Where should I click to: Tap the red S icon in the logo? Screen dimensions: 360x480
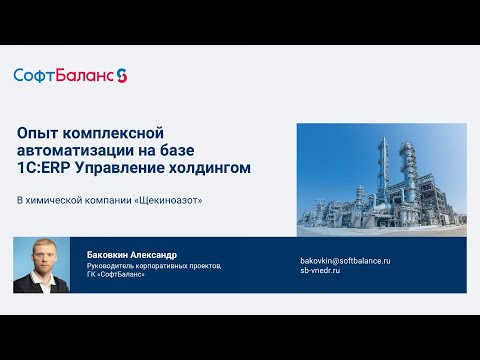pos(122,75)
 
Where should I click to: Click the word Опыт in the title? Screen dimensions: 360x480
pos(39,132)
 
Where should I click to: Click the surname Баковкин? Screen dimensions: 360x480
pos(114,255)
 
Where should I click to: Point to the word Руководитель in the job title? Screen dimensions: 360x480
pos(116,266)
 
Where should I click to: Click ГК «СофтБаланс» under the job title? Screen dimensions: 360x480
pos(117,275)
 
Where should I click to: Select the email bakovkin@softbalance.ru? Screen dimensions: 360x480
pos(345,261)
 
